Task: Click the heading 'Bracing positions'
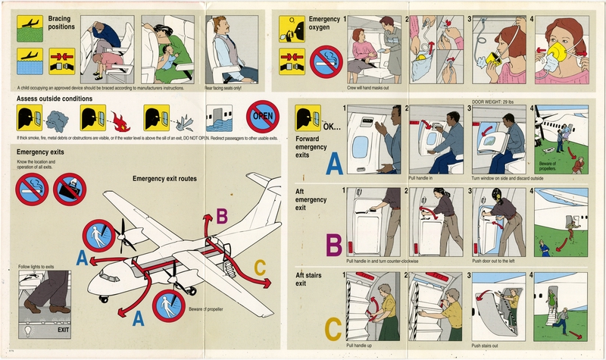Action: coord(61,21)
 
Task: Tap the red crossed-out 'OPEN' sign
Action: coord(264,116)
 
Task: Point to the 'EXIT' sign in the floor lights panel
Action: coord(58,330)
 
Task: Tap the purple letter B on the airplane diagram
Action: coord(221,217)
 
